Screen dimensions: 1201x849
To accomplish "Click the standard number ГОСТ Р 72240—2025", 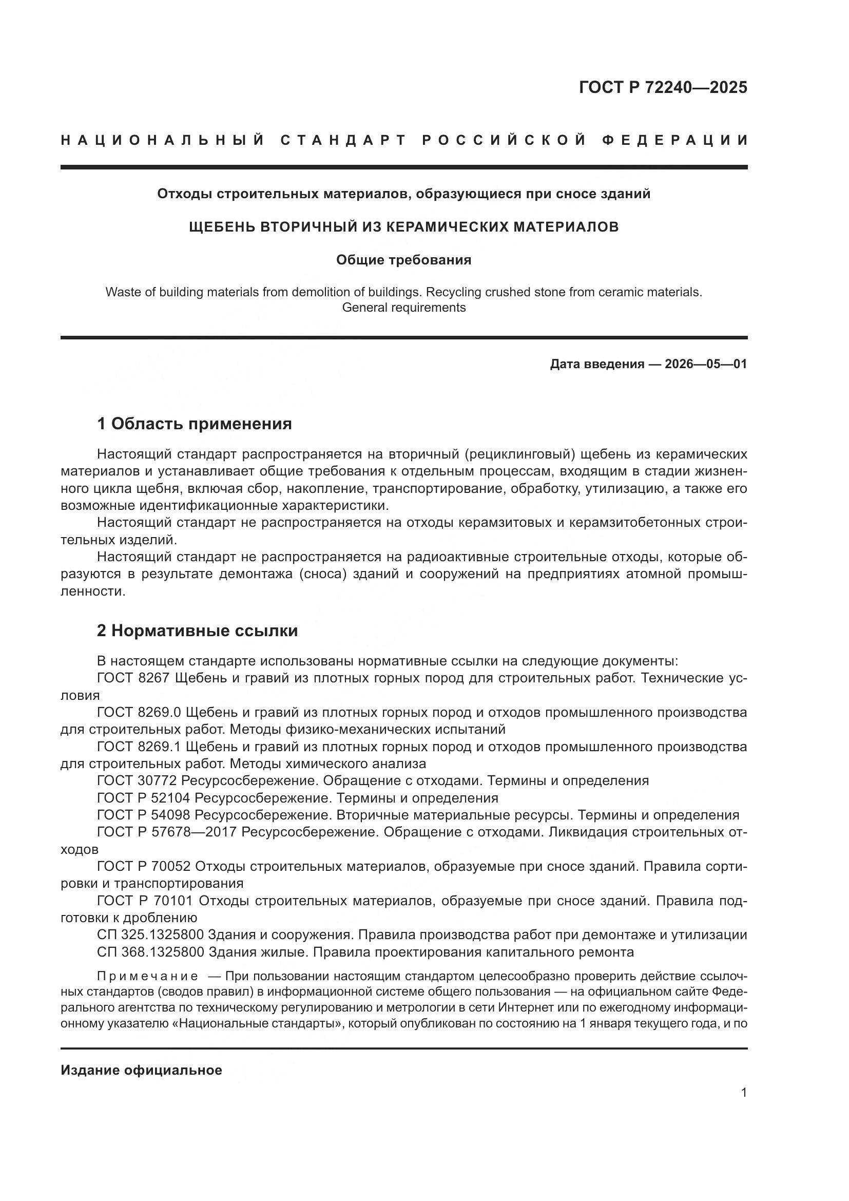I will [663, 87].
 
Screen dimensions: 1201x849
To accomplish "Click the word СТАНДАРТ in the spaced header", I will [343, 140].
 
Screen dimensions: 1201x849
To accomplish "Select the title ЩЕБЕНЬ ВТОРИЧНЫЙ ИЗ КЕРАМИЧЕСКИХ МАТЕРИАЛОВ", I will [403, 227].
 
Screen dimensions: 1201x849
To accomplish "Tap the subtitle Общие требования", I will [403, 260].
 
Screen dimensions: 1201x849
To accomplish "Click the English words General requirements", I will [403, 308].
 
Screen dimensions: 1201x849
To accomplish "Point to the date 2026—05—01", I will [706, 364].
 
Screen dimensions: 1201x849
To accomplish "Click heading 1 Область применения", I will [195, 424].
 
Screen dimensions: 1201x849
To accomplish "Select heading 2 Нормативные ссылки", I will [197, 631].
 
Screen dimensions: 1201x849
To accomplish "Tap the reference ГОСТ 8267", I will [133, 678].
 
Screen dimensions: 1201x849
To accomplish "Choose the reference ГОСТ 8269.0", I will [139, 713].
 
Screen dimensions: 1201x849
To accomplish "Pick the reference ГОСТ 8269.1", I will [139, 747].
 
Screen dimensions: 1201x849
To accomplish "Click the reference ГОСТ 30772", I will [137, 781].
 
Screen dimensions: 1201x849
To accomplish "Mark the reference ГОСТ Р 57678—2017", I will [166, 832].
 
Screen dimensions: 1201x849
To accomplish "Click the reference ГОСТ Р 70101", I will [145, 901].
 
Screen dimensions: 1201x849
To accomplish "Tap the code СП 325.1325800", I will [150, 935].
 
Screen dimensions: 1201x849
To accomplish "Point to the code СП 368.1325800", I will [150, 952].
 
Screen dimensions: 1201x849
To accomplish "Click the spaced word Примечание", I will [147, 976].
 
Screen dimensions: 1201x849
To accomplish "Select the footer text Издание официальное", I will [141, 1070].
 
